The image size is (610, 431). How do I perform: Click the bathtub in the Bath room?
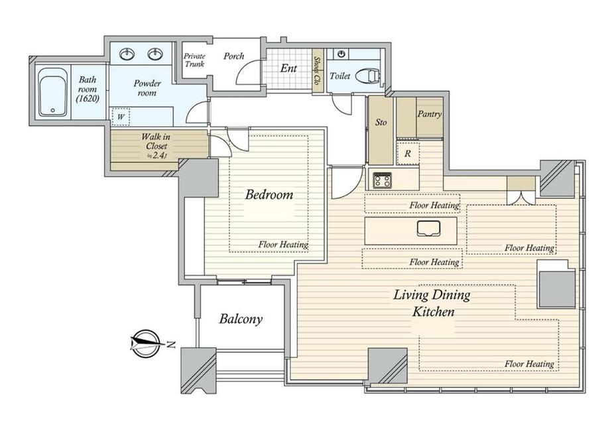point(53,93)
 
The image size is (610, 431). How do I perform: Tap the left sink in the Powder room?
point(127,54)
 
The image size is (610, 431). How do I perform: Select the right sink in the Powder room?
point(155,54)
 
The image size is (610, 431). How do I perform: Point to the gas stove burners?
point(383,180)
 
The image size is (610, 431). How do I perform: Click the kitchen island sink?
point(428,228)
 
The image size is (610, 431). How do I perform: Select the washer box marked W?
point(121,117)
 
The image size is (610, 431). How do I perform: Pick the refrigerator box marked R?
point(408,153)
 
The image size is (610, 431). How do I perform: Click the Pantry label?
point(430,114)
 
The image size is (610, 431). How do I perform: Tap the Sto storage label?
point(381,122)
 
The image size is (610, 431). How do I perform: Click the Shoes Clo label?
point(318,70)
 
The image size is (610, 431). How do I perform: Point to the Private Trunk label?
point(194,60)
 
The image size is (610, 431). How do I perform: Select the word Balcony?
point(241,319)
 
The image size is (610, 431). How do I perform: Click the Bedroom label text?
point(269,194)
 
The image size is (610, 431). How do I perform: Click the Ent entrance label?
point(288,68)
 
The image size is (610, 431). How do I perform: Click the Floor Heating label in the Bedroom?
point(283,245)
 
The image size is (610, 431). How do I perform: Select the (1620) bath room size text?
point(88,99)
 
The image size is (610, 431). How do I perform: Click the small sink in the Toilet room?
point(342,54)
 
